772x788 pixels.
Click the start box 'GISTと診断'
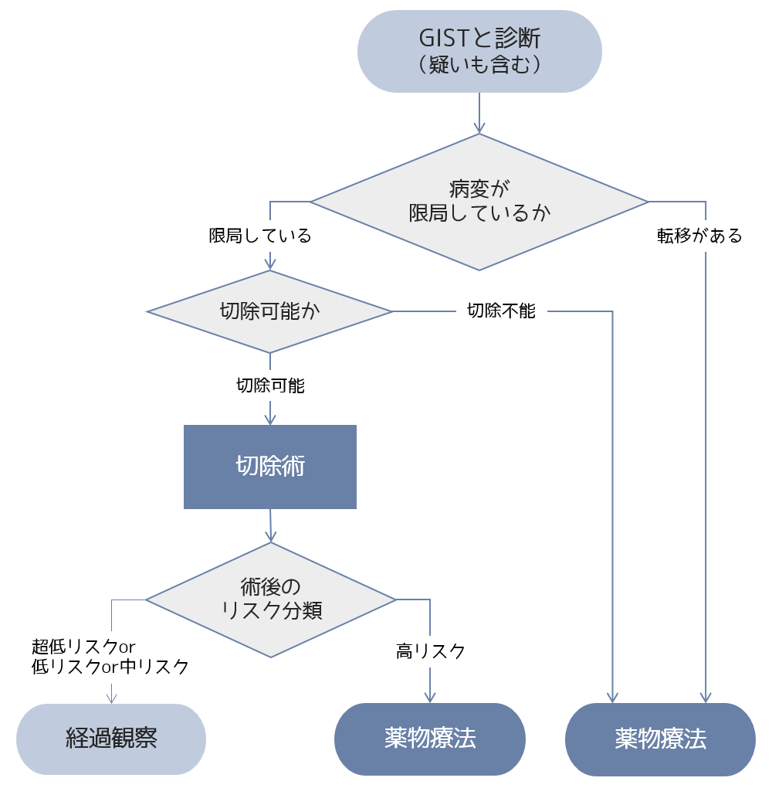[479, 39]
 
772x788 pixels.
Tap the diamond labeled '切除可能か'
[269, 311]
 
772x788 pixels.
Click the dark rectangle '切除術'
[269, 467]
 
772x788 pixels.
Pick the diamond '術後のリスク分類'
[270, 599]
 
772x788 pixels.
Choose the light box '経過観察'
[111, 739]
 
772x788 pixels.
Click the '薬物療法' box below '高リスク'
[429, 739]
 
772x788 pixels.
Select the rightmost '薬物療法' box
[660, 739]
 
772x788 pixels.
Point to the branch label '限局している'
[260, 236]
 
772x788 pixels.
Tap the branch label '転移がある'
[699, 236]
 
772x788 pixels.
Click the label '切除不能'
[501, 311]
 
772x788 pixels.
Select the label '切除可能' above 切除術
[270, 386]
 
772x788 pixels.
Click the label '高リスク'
[431, 651]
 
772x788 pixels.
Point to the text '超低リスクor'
[83, 646]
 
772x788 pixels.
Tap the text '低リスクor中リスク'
[110, 667]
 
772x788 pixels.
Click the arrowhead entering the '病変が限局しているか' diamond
[479, 127]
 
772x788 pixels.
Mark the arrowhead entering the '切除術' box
[270, 419]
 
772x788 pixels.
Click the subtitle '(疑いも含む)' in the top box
[479, 66]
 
